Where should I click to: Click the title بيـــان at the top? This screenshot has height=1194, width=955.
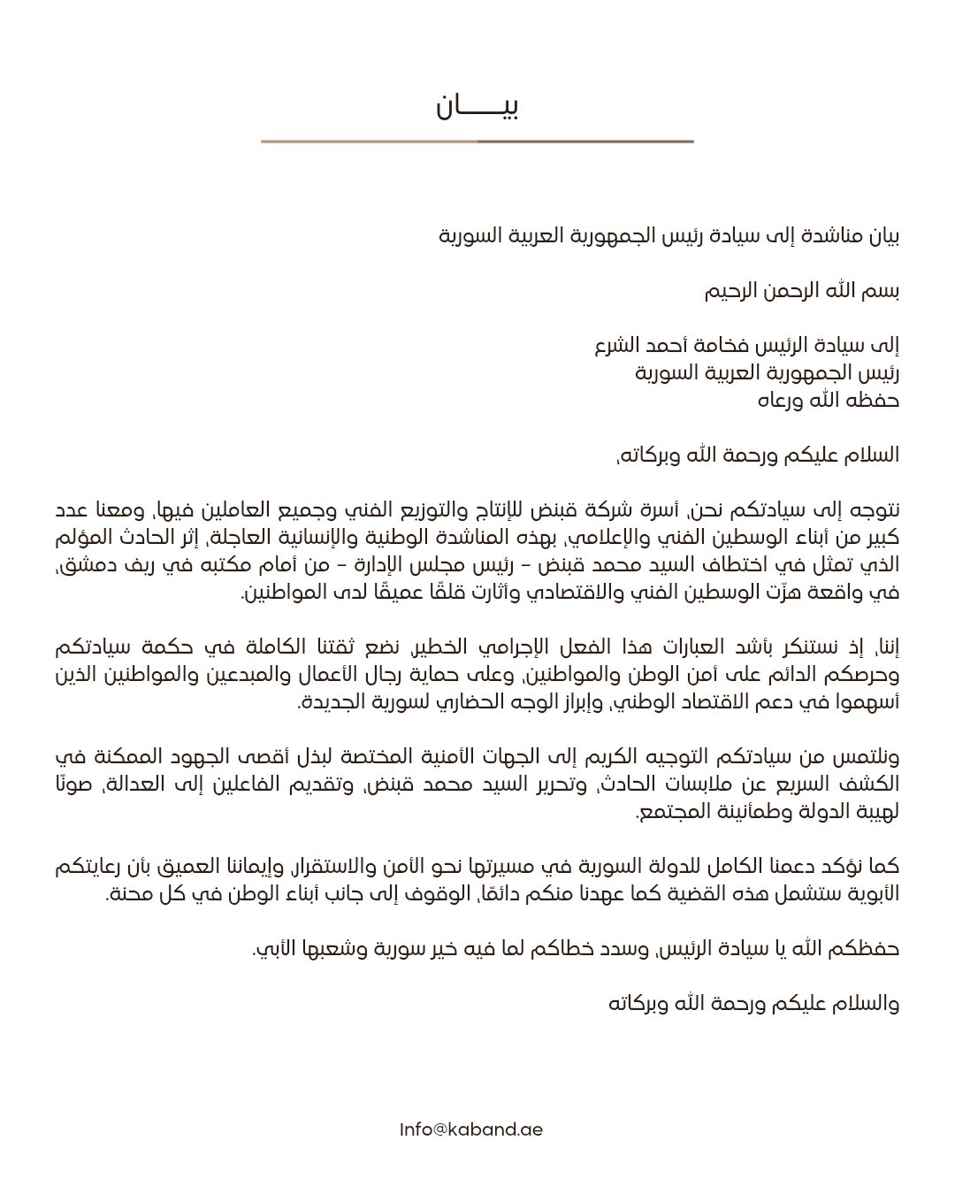coord(477,106)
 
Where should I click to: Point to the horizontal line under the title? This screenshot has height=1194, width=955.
coord(477,141)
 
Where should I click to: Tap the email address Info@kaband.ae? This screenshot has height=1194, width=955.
coord(470,1129)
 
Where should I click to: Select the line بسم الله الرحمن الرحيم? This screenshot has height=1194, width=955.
coord(801,291)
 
